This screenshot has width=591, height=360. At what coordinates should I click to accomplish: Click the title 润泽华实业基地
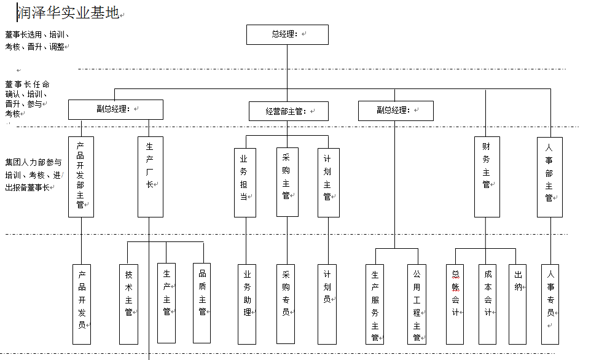pos(68,13)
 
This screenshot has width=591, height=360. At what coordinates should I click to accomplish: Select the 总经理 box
pos(288,34)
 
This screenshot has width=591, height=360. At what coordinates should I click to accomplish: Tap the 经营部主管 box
pos(288,111)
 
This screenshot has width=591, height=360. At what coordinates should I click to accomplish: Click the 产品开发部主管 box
pos(81,177)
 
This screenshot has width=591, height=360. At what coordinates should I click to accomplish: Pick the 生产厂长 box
pos(151,177)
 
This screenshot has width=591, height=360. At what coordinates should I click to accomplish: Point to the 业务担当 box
pos(245,182)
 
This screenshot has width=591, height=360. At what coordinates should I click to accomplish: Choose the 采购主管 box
pos(287,182)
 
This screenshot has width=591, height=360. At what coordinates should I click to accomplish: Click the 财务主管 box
pos(487,177)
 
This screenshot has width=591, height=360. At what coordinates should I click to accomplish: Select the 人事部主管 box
pos(549,177)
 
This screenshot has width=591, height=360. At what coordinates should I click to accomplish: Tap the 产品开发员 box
pos(82,304)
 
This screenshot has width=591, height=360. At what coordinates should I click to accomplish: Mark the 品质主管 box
pos(203,303)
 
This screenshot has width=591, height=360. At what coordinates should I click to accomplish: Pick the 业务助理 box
pos(247,304)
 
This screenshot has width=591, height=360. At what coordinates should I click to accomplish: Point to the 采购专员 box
pos(286,304)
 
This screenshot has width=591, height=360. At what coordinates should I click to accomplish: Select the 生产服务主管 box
pos(375,304)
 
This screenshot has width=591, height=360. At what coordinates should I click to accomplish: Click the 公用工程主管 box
pos(417,304)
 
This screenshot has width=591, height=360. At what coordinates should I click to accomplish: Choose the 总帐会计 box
pos(455,304)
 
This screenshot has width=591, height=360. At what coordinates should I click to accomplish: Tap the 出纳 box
pos(518,304)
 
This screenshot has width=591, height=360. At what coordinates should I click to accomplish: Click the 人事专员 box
pos(550,304)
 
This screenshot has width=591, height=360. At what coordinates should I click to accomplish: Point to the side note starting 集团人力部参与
pos(34,175)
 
